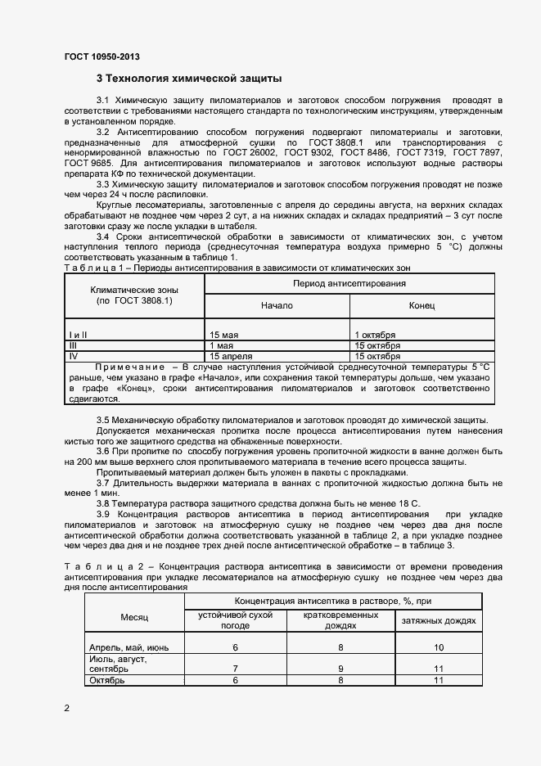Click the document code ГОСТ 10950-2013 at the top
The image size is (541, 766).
[101, 56]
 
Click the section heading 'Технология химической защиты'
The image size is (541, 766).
[189, 79]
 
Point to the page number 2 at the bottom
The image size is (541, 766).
[66, 707]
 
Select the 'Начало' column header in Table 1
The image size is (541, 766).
[277, 305]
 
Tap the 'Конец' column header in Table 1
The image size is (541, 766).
[422, 305]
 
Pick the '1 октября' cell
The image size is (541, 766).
[375, 336]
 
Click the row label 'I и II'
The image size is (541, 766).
[79, 336]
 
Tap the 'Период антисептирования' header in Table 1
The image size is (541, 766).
[349, 283]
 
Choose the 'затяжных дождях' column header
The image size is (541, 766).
[438, 621]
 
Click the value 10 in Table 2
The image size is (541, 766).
[438, 647]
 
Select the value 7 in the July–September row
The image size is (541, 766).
[235, 669]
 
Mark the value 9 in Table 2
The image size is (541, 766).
[340, 669]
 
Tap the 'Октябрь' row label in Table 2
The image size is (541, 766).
[106, 680]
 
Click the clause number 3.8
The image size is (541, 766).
[105, 502]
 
